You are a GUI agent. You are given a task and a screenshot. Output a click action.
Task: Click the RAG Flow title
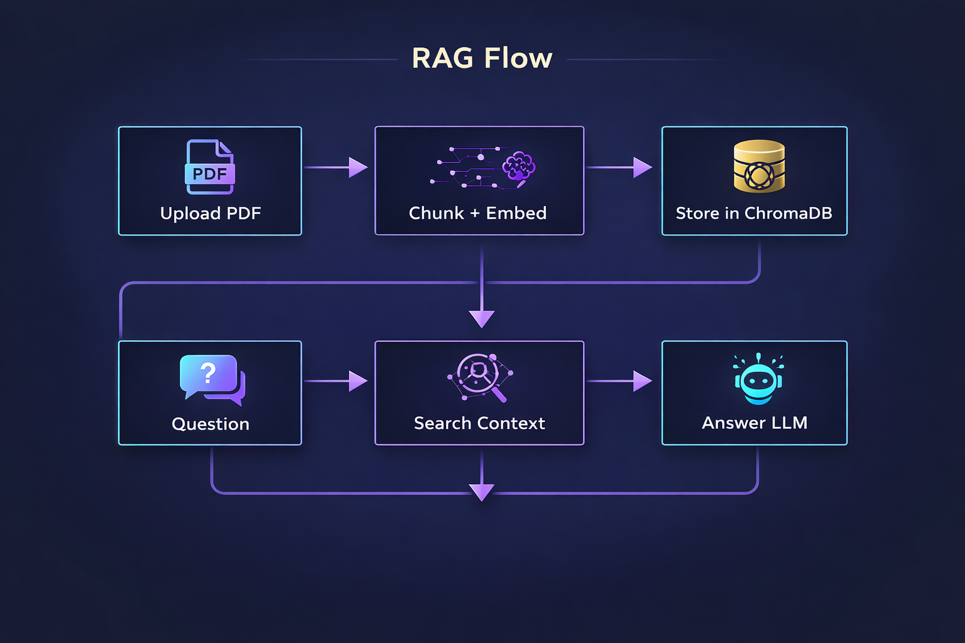click(x=482, y=58)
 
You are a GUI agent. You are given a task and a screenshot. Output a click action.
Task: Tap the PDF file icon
click(x=210, y=167)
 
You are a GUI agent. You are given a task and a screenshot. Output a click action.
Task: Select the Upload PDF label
click(x=210, y=213)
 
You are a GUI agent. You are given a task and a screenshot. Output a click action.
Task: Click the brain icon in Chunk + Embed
click(x=518, y=167)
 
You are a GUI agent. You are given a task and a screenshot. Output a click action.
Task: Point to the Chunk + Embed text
click(x=477, y=213)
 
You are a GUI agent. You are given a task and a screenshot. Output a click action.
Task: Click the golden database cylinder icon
click(x=759, y=166)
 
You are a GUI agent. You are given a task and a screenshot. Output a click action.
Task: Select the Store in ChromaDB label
click(x=754, y=213)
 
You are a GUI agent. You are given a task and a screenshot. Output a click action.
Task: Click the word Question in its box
click(x=210, y=424)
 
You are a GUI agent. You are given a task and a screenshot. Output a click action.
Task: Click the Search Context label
click(x=479, y=423)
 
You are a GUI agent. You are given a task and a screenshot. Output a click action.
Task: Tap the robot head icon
click(x=758, y=379)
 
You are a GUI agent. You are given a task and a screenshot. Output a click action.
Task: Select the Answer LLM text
click(x=755, y=423)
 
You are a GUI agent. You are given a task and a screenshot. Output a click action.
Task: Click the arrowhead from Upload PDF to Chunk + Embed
click(x=357, y=168)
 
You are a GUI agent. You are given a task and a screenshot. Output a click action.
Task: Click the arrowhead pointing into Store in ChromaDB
click(x=642, y=168)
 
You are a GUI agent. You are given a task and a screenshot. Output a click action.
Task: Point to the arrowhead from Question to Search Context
click(x=357, y=381)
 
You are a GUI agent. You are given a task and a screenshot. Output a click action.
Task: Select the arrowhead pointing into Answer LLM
click(x=642, y=381)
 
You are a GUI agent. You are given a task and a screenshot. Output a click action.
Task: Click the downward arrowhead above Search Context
click(x=482, y=318)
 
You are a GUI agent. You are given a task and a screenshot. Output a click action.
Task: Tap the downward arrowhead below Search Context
click(x=482, y=492)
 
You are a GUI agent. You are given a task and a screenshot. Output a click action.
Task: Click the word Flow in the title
click(x=518, y=58)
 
